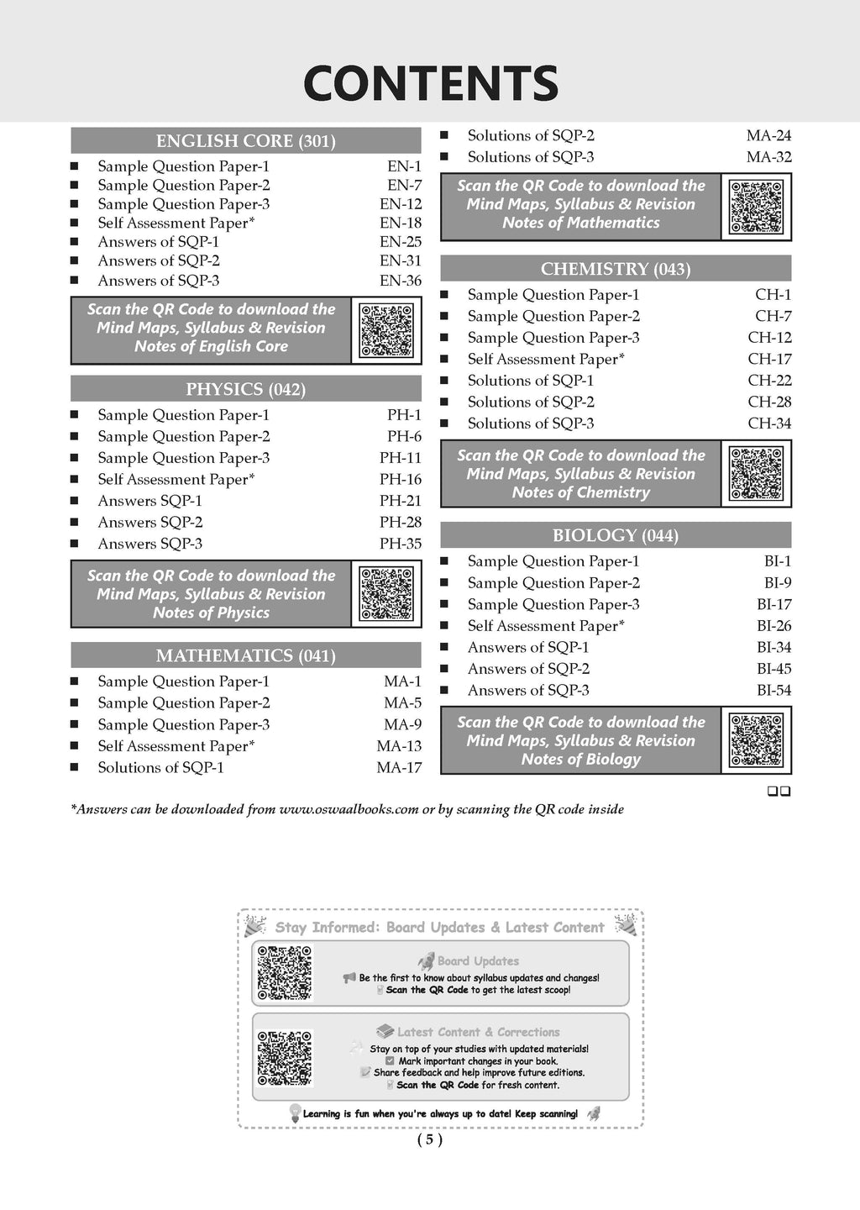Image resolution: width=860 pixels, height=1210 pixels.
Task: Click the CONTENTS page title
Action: (430, 83)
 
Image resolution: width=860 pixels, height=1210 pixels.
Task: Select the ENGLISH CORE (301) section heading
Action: (245, 141)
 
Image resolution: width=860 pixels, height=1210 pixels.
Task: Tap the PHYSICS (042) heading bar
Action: (245, 389)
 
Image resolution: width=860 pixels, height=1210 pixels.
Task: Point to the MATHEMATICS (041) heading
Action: (245, 655)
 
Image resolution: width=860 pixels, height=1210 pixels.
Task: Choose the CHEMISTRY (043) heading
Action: (616, 269)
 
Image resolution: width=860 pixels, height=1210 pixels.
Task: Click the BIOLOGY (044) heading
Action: (616, 535)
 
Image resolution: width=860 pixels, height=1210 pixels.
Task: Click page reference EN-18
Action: (401, 223)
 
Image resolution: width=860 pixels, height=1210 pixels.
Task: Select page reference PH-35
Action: (401, 544)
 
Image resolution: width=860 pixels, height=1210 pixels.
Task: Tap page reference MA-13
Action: (399, 746)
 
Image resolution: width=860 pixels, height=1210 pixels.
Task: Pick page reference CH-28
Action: (769, 402)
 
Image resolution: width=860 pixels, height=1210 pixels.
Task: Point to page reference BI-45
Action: (773, 669)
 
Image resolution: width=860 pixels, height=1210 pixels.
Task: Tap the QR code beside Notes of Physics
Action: (386, 594)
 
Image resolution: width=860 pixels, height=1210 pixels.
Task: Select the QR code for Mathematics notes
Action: (756, 207)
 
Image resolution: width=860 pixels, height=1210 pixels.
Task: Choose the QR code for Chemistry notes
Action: (756, 474)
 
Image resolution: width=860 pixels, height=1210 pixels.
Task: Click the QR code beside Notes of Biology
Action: (756, 740)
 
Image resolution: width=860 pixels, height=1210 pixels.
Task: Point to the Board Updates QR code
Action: (285, 973)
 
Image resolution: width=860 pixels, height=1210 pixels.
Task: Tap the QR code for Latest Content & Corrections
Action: (285, 1058)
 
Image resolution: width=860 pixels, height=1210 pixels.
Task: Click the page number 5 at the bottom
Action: (429, 1139)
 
